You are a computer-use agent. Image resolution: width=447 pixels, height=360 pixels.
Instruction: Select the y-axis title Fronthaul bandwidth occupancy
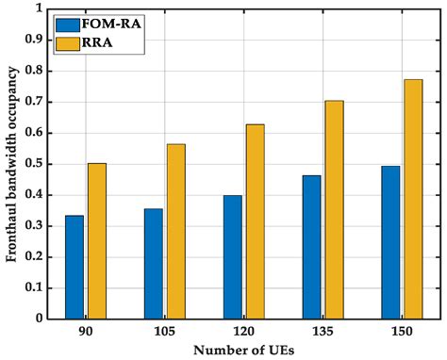tap(11, 164)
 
